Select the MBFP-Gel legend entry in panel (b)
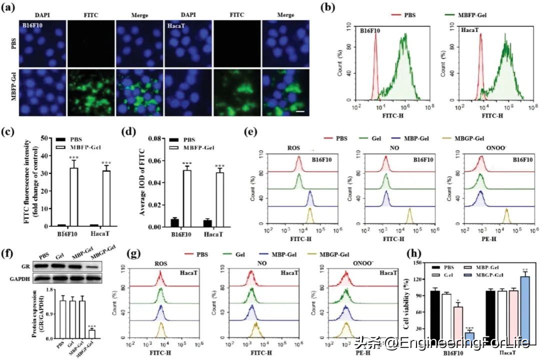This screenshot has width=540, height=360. point(465,14)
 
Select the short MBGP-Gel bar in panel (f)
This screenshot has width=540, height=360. point(91,333)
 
